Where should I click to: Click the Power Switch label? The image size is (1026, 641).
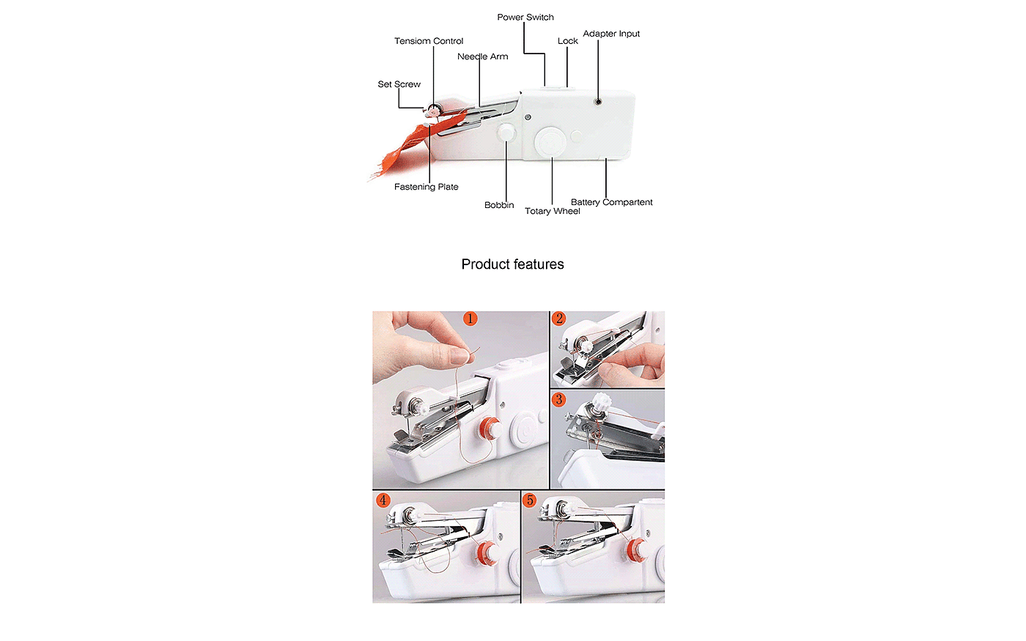tap(525, 18)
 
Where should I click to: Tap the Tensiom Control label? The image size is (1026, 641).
tap(429, 41)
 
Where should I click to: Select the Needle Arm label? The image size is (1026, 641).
tap(483, 57)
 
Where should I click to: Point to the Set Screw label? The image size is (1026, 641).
tap(399, 84)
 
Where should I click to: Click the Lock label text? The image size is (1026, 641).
tap(568, 41)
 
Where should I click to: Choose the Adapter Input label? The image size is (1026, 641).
tap(611, 34)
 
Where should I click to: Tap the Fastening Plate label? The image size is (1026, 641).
tap(426, 187)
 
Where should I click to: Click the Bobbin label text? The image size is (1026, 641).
tap(499, 205)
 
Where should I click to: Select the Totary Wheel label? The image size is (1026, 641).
tap(553, 211)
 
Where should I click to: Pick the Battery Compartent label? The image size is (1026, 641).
tap(611, 202)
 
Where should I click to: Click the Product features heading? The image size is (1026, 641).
tap(512, 264)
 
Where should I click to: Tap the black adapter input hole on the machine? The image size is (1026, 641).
tap(598, 101)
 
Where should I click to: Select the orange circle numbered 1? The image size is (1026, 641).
tap(470, 319)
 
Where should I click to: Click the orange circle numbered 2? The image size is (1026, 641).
tap(558, 319)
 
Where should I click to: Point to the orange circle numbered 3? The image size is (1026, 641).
tap(558, 399)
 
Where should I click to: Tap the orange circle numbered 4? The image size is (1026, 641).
tap(383, 500)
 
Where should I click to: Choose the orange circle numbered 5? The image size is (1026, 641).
tap(530, 500)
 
